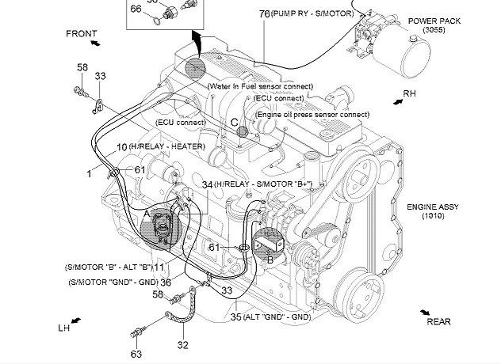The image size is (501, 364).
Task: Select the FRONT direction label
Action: [82, 34]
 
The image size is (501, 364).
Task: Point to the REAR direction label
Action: [438, 321]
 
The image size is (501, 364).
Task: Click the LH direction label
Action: [64, 328]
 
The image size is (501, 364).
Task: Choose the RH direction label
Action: [409, 93]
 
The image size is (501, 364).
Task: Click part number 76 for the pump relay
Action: [263, 13]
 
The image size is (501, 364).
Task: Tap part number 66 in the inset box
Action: [136, 9]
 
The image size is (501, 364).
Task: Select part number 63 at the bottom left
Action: [136, 354]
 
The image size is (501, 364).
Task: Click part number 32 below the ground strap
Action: [183, 345]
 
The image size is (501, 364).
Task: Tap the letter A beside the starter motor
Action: [147, 212]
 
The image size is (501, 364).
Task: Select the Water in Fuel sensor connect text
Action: [260, 85]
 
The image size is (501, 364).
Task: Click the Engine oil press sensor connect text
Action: [312, 115]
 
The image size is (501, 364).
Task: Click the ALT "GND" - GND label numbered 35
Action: [270, 317]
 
